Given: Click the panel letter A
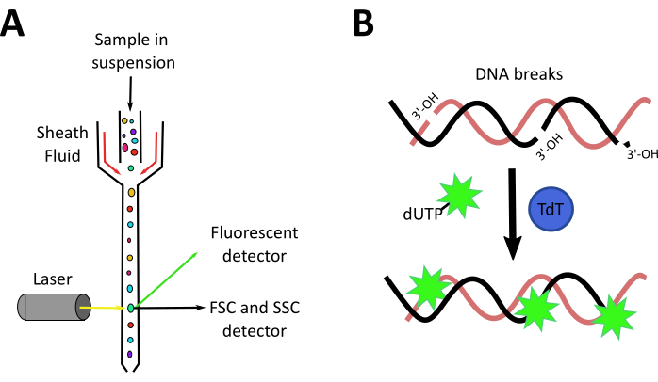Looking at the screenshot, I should (x=15, y=22).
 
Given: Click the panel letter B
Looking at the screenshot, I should (x=367, y=23).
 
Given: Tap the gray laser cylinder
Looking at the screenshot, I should (x=46, y=307).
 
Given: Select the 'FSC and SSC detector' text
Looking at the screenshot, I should (x=255, y=319).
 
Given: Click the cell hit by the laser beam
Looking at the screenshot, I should (x=131, y=307).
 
